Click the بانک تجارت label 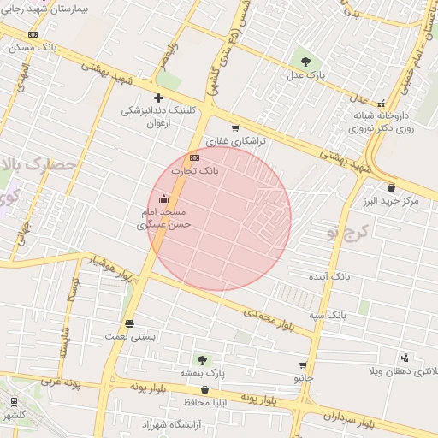(x=196, y=171)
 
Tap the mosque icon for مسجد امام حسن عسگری (x=163, y=199)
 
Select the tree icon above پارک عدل (x=305, y=61)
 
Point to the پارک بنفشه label (x=202, y=373)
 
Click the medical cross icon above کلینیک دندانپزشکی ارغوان (x=158, y=98)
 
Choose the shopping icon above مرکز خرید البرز (x=391, y=187)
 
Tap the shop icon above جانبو (x=303, y=365)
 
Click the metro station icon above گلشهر (x=14, y=402)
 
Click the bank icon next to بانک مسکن (x=33, y=34)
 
